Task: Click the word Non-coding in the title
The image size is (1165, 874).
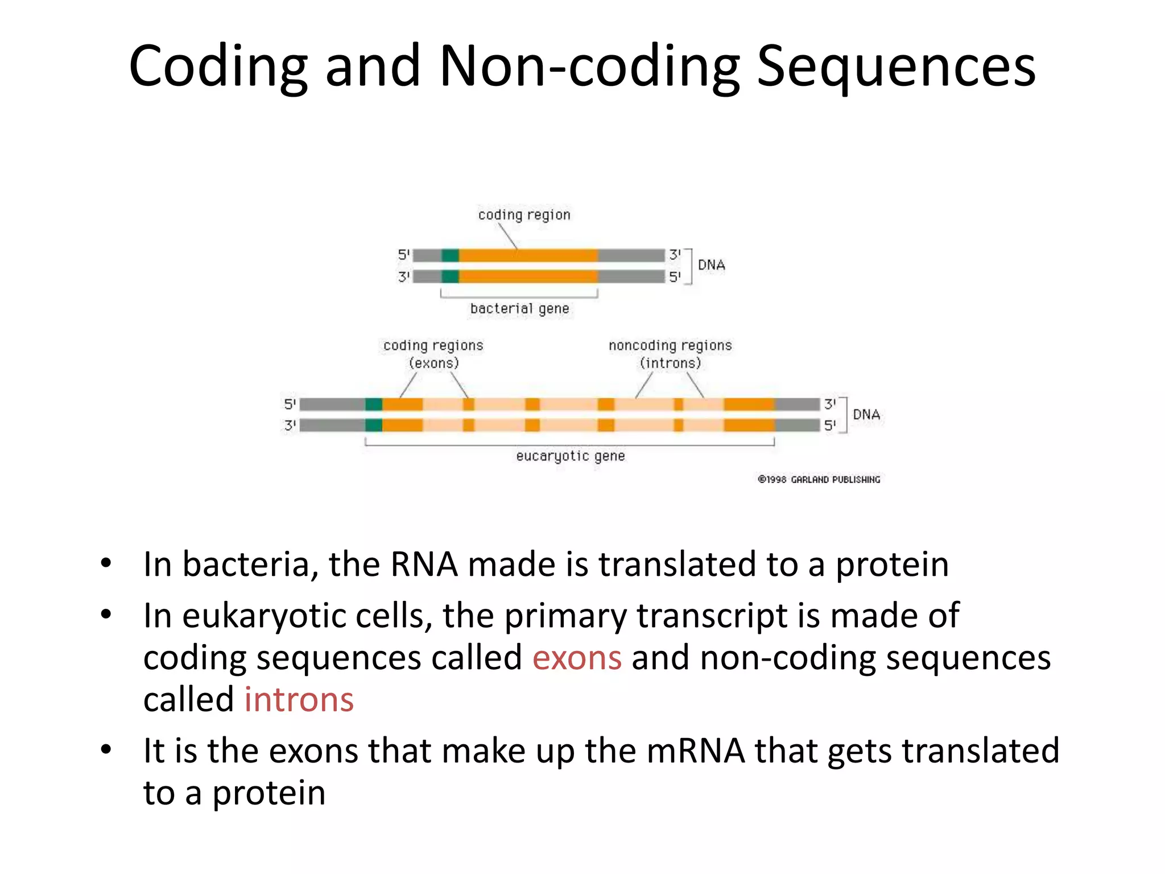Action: [589, 67]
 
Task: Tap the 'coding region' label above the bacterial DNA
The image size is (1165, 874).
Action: [524, 215]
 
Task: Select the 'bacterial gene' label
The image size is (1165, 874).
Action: [519, 309]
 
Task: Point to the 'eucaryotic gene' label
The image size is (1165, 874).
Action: [571, 456]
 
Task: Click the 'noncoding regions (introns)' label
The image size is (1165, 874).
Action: [670, 354]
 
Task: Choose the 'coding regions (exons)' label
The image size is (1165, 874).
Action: [433, 354]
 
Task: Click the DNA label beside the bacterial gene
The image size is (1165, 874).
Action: [711, 265]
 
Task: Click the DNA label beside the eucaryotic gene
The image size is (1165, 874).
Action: [866, 415]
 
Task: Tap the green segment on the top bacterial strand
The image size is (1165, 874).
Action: [450, 255]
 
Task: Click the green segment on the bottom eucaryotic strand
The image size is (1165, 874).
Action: [374, 425]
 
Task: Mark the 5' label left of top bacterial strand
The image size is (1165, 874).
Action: [403, 254]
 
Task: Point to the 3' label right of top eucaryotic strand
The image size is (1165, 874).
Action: [830, 404]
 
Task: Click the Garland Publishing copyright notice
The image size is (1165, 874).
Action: [819, 480]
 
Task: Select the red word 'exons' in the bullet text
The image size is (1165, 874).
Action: [577, 658]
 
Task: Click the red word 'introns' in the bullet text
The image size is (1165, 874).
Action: [299, 700]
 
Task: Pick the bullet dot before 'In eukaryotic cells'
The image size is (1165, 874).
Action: [106, 615]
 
